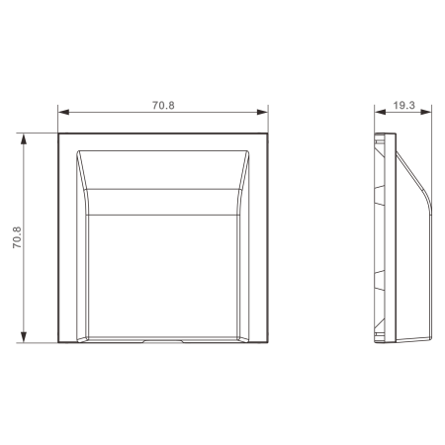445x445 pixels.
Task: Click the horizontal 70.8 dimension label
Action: (163, 105)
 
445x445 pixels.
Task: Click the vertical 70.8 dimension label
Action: (17, 237)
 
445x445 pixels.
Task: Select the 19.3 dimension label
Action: (403, 105)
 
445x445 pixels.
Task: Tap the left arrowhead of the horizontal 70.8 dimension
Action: (63, 112)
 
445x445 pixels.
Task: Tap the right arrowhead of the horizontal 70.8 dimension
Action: (262, 112)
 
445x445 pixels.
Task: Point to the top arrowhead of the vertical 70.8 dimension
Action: (24, 139)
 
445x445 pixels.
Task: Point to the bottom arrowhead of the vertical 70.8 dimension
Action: (24, 337)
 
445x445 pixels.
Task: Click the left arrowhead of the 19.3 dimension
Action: (380, 112)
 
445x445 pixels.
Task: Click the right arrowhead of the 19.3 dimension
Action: (426, 112)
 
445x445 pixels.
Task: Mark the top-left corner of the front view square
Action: (58, 133)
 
